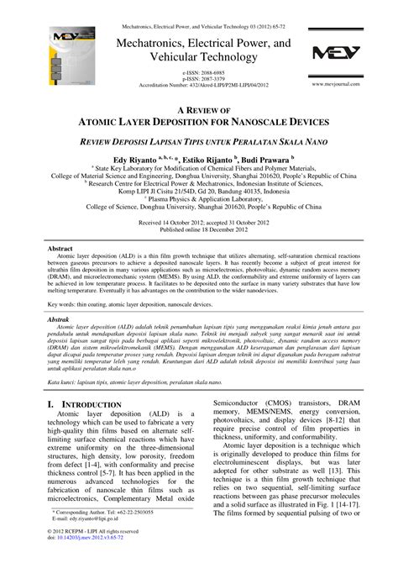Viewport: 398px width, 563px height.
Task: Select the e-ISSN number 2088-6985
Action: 202,74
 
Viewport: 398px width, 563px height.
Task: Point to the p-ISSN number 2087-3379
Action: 202,81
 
